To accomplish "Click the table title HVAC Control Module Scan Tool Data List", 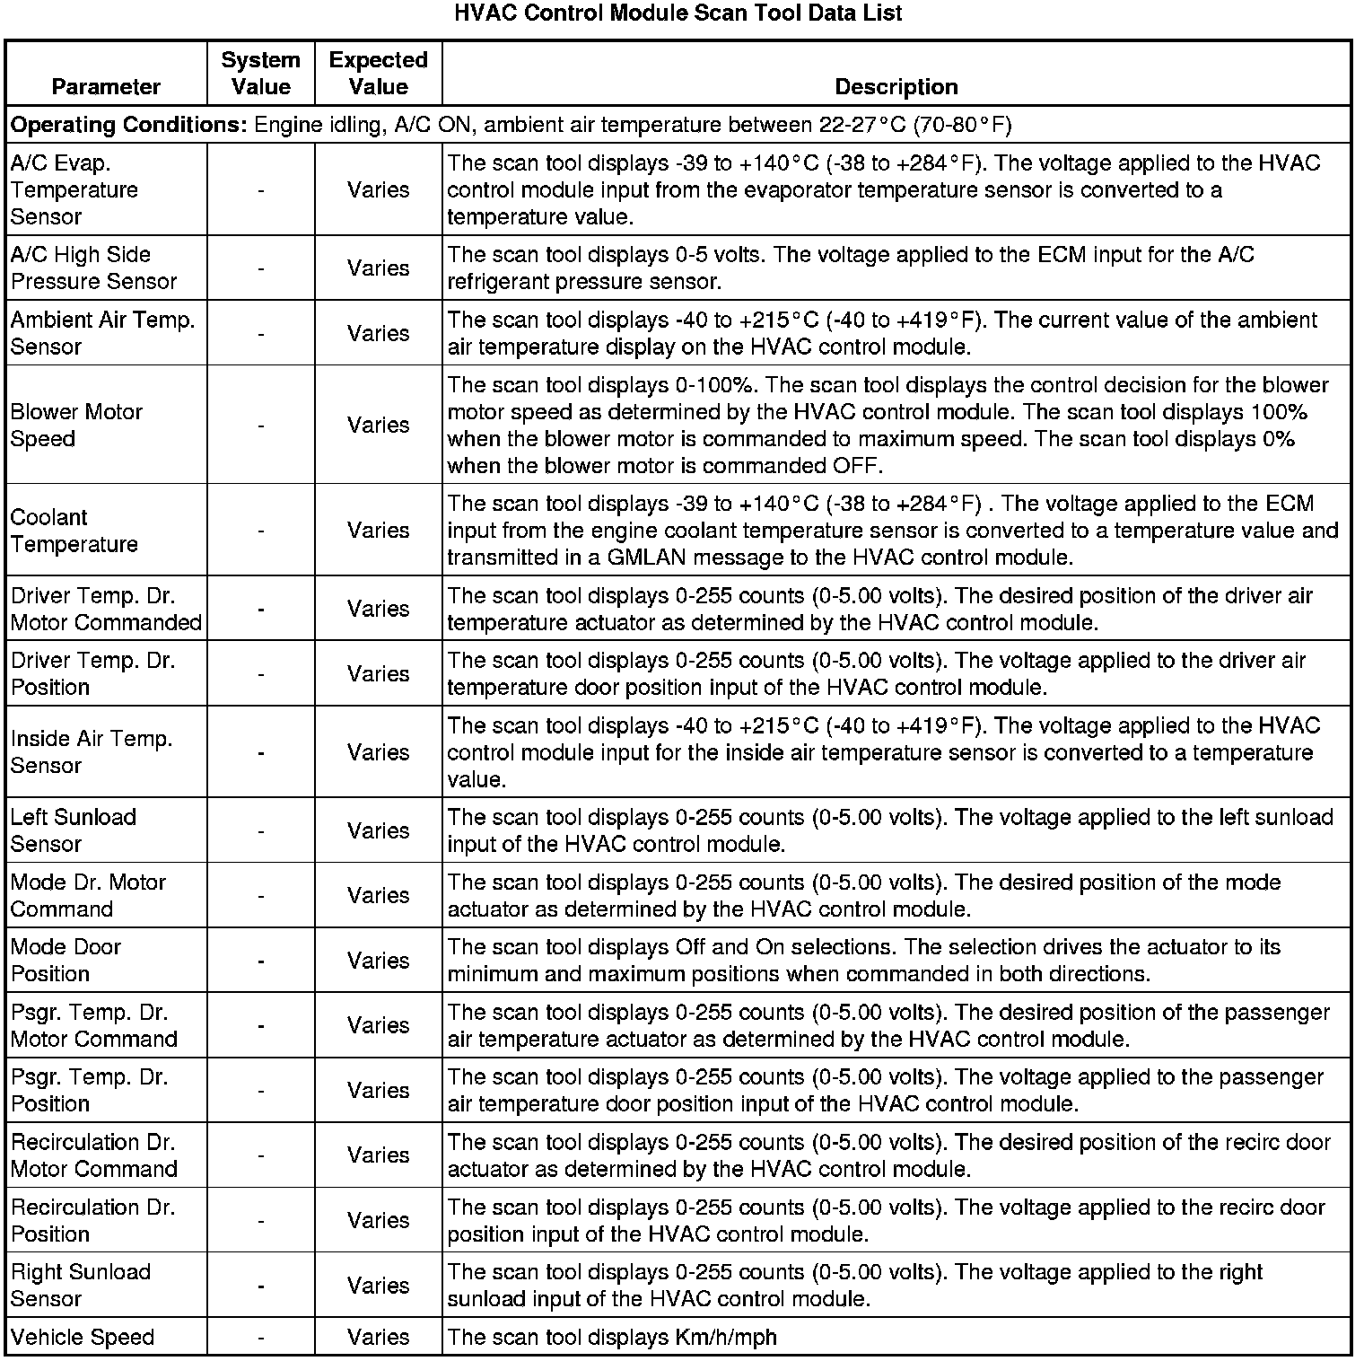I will (678, 13).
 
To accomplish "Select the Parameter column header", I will (106, 86).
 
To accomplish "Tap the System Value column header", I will (260, 73).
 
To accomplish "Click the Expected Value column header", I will (378, 73).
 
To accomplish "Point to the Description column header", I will (896, 86).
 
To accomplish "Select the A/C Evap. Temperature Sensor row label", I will (74, 189).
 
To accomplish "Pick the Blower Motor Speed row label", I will (76, 425).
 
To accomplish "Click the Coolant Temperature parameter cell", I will (74, 531).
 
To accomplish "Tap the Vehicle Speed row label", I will (83, 1337).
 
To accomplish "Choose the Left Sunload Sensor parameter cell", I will (73, 830).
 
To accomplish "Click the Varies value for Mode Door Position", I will (378, 961).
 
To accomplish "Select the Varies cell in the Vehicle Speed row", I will (378, 1337).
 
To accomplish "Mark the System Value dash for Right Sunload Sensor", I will (260, 1286).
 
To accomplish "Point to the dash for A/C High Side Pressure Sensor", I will (260, 268).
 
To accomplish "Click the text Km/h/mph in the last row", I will (725, 1337).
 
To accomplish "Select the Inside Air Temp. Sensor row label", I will (92, 752).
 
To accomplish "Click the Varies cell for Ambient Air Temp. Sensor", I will (378, 333).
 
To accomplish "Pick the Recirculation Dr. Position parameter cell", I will (92, 1220).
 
